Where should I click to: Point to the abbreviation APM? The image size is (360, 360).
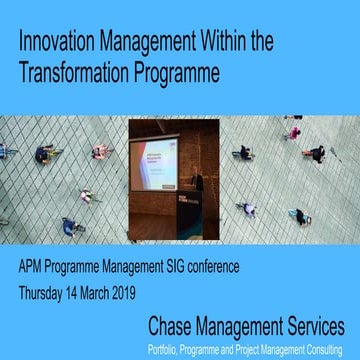click(x=35, y=269)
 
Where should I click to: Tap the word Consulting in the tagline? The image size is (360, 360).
click(x=323, y=346)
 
